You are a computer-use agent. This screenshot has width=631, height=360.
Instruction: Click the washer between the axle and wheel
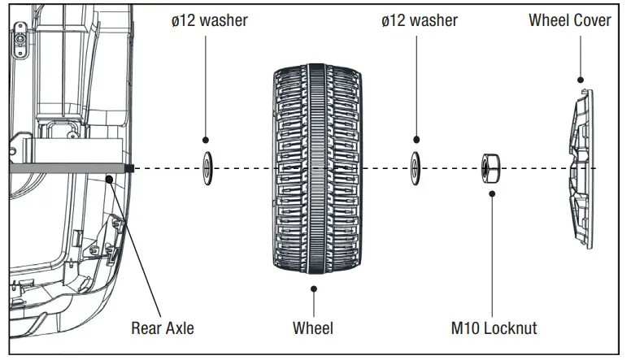207,167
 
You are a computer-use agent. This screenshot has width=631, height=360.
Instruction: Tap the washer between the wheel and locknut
416,167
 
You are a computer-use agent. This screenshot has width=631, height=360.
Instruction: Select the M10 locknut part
490,168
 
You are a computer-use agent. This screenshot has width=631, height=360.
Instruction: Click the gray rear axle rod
65,168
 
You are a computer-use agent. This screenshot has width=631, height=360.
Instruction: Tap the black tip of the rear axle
130,168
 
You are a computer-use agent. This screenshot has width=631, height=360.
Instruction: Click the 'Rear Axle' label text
163,328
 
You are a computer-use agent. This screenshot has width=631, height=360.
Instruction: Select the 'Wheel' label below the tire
312,328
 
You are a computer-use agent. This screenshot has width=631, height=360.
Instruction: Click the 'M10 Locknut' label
494,328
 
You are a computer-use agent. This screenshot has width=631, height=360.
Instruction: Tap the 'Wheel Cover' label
569,20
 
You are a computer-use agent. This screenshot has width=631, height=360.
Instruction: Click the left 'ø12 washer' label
209,20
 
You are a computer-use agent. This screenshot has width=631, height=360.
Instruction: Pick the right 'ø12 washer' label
419,20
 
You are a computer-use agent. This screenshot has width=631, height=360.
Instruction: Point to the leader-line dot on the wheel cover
581,80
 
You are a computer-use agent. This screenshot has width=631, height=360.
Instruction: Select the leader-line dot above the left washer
207,140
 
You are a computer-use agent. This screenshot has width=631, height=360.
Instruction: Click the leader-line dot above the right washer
416,140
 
